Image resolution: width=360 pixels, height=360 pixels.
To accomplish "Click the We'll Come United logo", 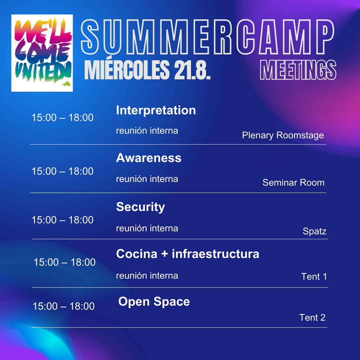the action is tap(42, 53).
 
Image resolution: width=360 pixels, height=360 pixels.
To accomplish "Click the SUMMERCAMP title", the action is tap(207, 37).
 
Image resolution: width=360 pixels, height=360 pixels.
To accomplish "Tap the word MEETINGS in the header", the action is tap(298, 70).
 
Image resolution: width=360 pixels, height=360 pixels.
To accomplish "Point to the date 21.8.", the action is tap(192, 70).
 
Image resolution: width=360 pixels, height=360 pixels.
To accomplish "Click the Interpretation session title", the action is tap(156, 110).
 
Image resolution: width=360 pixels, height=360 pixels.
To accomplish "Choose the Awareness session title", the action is tap(149, 158).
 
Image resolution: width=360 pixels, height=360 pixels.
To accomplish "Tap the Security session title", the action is tap(141, 207).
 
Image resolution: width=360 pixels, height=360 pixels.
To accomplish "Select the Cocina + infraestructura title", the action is tap(188, 254).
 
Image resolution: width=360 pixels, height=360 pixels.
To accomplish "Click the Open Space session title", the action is tap(154, 302).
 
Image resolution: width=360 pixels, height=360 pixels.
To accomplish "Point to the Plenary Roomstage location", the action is tap(283, 135).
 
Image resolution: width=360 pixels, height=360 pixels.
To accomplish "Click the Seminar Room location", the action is tap(293, 183).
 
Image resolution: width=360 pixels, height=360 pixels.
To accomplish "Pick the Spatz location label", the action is tap(315, 231).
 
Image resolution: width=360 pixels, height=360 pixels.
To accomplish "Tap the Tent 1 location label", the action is tap(314, 276).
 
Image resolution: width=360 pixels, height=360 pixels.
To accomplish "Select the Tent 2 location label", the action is tap(312, 318).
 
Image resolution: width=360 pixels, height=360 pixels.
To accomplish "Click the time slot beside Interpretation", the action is tap(62, 118).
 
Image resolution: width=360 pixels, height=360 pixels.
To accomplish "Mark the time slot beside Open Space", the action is tap(64, 306).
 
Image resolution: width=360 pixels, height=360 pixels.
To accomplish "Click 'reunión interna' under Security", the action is tap(147, 228).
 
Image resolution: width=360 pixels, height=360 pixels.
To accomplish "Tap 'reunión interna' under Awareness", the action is tap(147, 179).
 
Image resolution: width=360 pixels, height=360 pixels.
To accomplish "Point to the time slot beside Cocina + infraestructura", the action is tap(65, 262).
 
